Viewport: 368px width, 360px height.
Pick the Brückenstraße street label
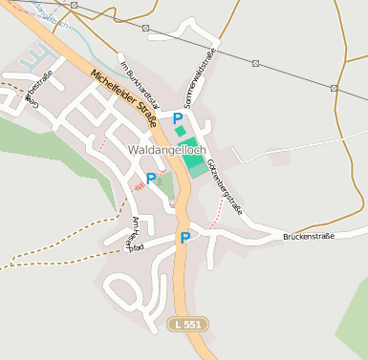pos(309,235)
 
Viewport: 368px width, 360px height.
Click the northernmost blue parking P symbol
pos(177,117)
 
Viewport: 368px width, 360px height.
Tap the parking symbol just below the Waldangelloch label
pos(150,179)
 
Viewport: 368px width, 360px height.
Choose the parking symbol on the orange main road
pos(184,238)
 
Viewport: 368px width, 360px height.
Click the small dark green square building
pos(181,131)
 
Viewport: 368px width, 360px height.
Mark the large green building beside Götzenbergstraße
pos(194,158)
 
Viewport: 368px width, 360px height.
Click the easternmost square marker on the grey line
pos(334,88)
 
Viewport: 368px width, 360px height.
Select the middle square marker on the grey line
pos(255,64)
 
